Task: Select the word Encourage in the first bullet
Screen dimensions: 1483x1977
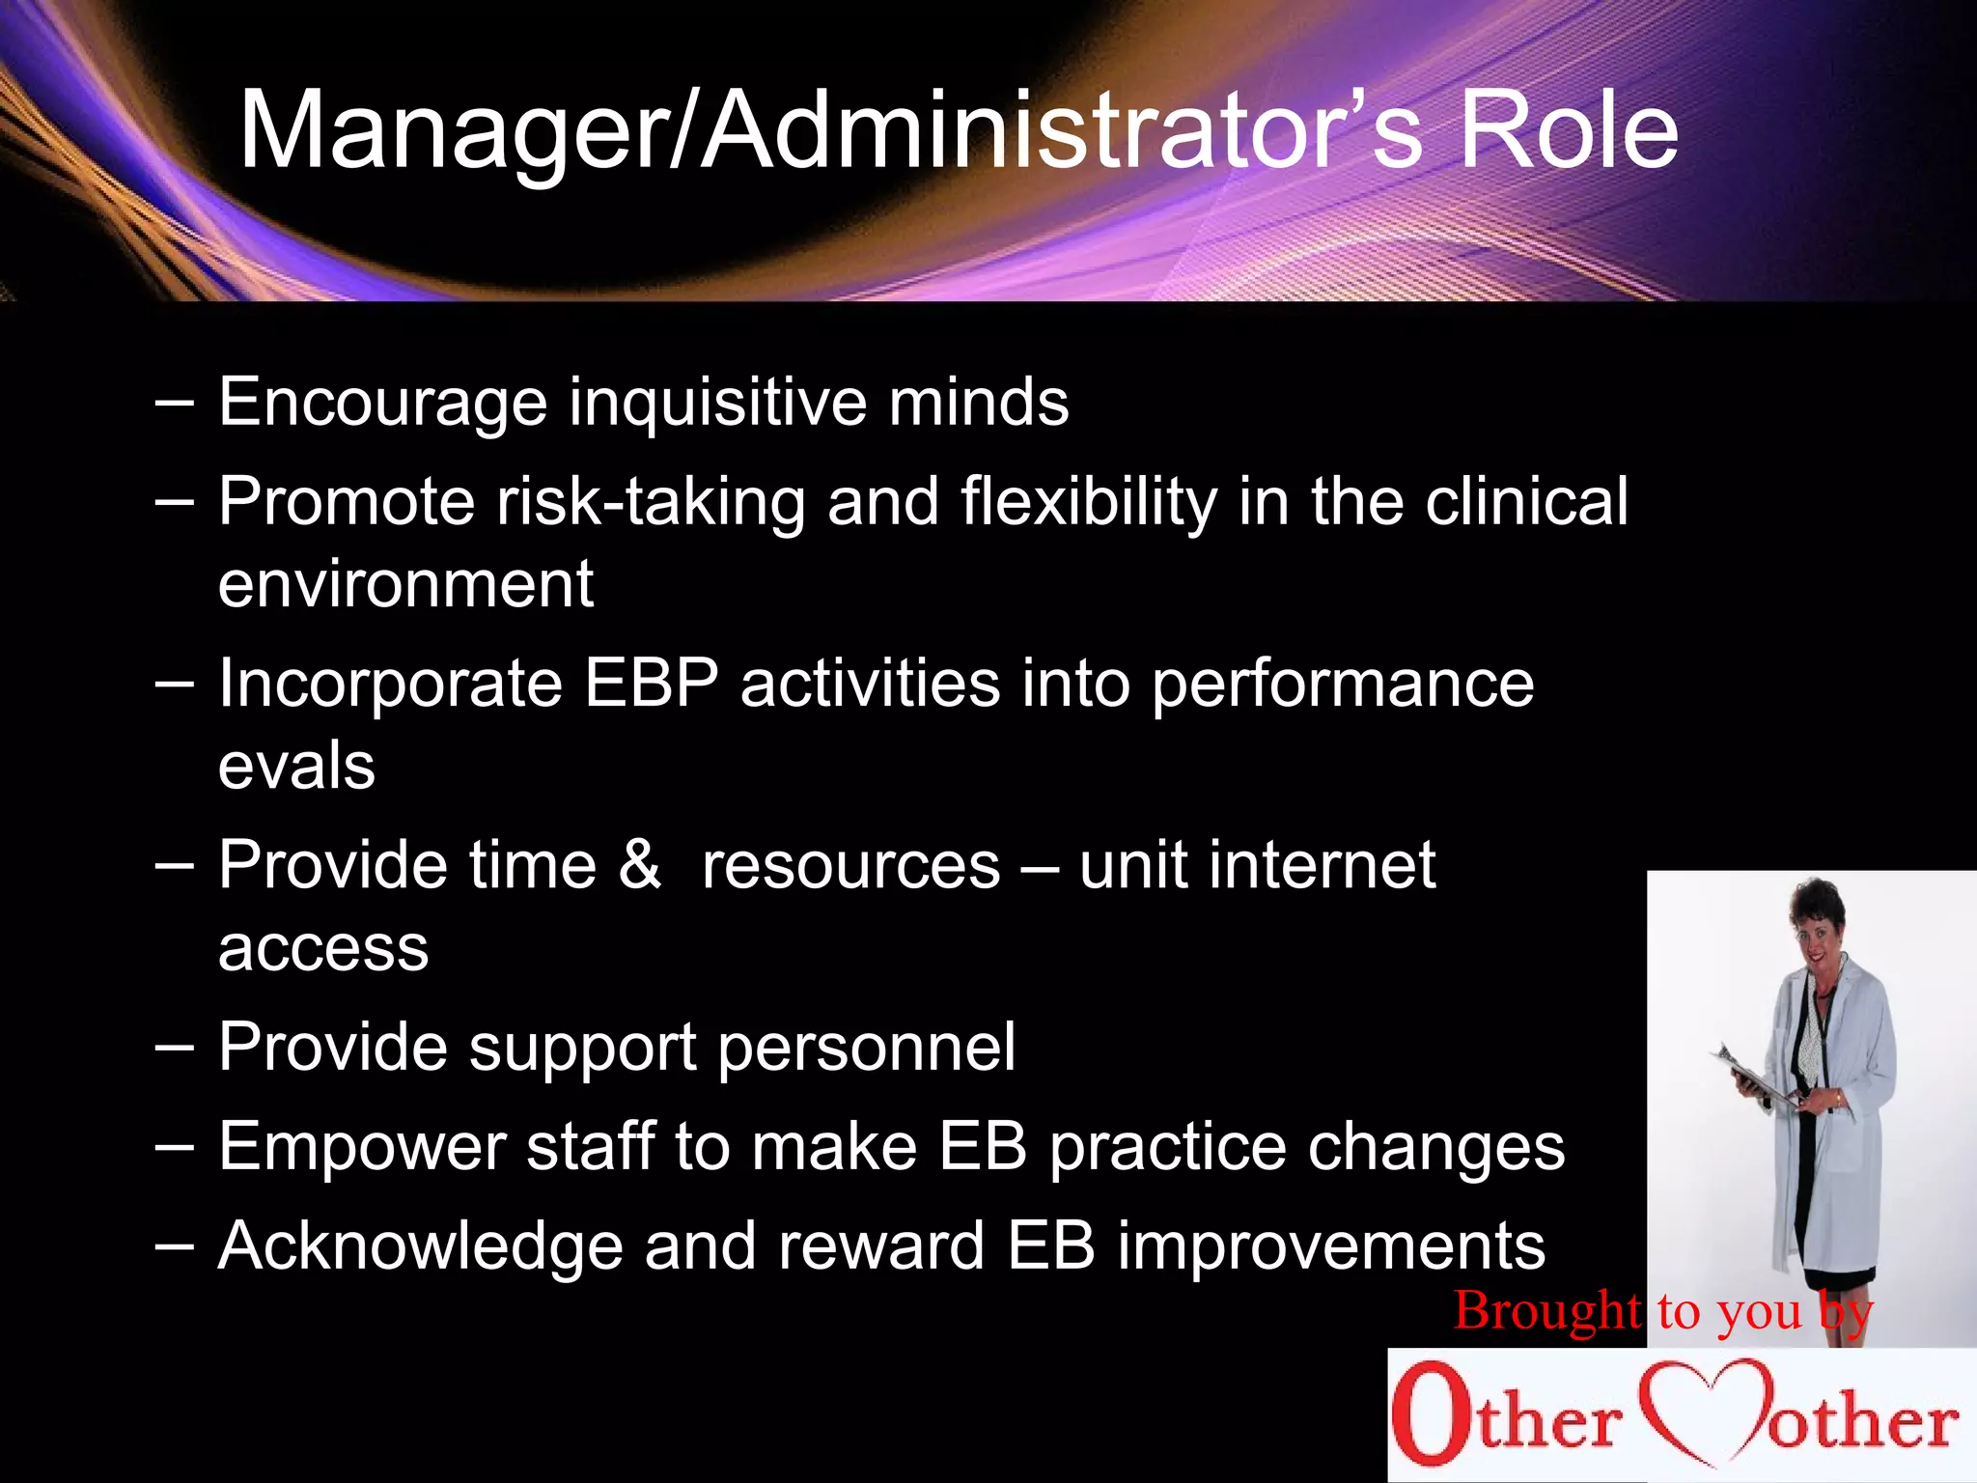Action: pyautogui.click(x=382, y=403)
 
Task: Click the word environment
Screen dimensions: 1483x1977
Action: pyautogui.click(x=405, y=584)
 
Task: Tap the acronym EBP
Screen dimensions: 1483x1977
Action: pyautogui.click(x=652, y=684)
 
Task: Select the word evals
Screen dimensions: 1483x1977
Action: pyautogui.click(x=296, y=767)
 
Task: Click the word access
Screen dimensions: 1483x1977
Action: pyautogui.click(x=323, y=948)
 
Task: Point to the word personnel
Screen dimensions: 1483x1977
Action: pyautogui.click(x=866, y=1048)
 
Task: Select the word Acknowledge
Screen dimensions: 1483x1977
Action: pyautogui.click(x=421, y=1245)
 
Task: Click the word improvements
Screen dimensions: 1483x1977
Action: pyautogui.click(x=1331, y=1245)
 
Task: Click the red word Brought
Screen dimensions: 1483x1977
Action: pyautogui.click(x=1546, y=1311)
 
